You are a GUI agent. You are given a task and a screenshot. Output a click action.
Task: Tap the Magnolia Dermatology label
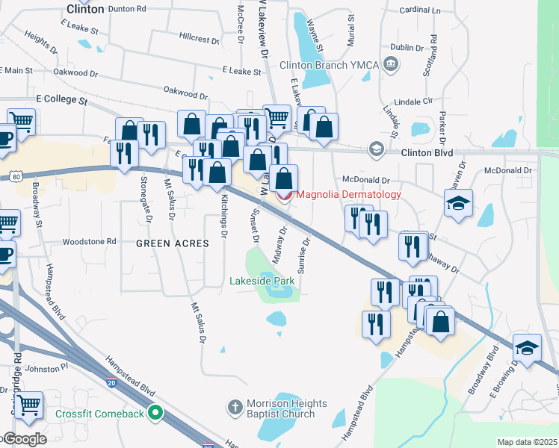click(349, 195)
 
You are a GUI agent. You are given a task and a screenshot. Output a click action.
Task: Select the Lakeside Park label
click(262, 281)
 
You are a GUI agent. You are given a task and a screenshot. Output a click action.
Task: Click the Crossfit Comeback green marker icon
click(155, 411)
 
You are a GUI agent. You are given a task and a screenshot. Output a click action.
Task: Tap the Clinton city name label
click(84, 9)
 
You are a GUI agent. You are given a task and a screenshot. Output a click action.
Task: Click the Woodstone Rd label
click(90, 242)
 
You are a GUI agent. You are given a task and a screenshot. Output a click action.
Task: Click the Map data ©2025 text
click(526, 442)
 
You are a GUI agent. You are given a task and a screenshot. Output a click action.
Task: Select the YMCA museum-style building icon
click(390, 65)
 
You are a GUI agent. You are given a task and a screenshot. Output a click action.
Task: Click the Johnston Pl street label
click(47, 367)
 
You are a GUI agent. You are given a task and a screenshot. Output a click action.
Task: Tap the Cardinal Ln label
click(419, 10)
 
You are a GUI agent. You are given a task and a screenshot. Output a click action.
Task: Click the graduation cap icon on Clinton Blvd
click(375, 150)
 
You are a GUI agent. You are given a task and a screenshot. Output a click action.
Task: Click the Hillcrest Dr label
click(199, 37)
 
